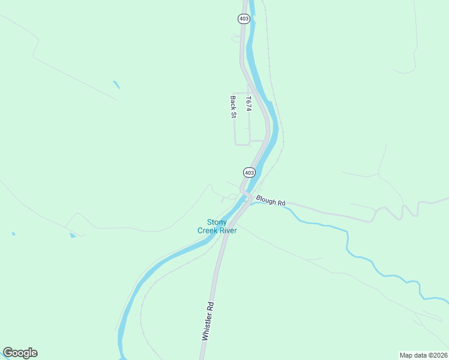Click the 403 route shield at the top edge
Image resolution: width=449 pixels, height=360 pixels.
(243, 19)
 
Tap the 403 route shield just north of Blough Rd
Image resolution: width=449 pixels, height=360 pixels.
(250, 172)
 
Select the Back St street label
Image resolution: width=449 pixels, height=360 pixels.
(233, 107)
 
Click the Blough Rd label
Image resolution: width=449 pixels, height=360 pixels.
(270, 200)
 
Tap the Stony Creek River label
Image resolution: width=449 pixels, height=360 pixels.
(217, 226)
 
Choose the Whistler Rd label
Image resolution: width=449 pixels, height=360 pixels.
(208, 322)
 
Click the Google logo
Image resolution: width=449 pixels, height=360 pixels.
(20, 353)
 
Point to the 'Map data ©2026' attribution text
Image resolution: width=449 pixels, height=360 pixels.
(424, 355)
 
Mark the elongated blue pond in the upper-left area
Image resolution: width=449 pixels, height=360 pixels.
(116, 85)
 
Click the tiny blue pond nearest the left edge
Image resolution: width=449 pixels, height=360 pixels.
(13, 233)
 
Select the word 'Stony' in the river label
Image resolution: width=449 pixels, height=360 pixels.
(217, 222)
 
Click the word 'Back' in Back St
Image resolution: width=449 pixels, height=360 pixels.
(233, 102)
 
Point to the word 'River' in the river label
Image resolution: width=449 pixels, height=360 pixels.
(228, 230)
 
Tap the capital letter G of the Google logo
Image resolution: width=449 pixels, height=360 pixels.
(8, 353)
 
